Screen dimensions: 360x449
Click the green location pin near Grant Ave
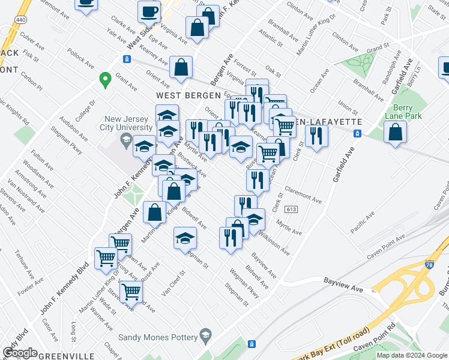[105, 80]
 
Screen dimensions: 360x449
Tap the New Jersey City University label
[128, 122]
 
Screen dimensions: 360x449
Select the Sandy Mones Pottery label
[158, 337]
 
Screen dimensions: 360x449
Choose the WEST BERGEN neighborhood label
[185, 95]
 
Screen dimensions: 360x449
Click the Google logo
[20, 353]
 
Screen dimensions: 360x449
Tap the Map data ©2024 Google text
[412, 355]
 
